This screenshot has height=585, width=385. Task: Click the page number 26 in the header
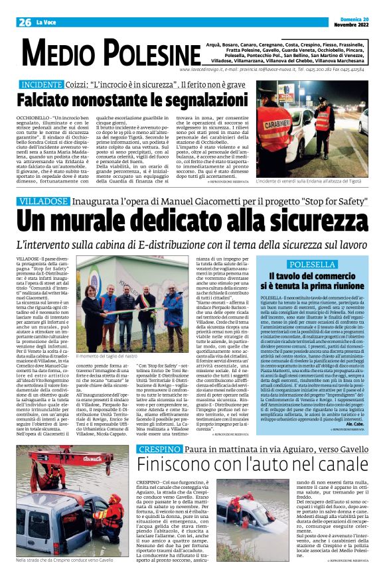point(25,22)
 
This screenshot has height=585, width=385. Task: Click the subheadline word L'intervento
point(41,244)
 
